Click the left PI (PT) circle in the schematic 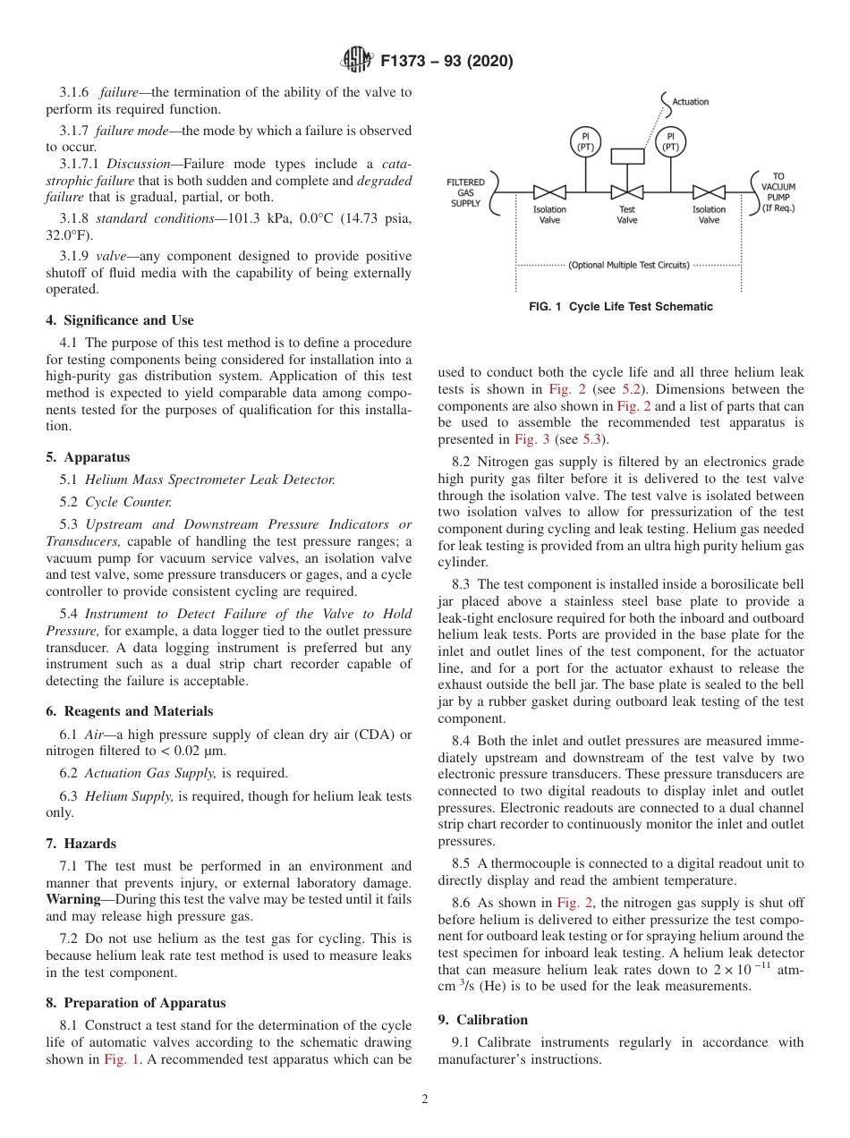click(585, 141)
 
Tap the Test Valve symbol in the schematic click(627, 191)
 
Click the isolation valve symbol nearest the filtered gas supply click(549, 191)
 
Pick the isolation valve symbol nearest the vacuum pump click(709, 191)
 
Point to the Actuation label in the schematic click(690, 102)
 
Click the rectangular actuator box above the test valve click(627, 156)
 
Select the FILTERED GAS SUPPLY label click(466, 192)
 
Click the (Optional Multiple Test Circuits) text click(629, 266)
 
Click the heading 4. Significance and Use click(120, 320)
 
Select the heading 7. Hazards click(81, 844)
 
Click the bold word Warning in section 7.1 click(72, 898)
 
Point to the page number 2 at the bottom click(425, 1100)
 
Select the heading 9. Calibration click(483, 1020)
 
